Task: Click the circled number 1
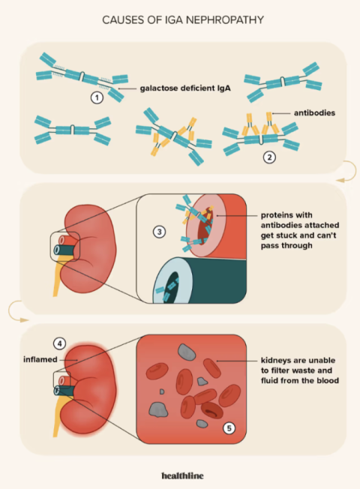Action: click(97, 98)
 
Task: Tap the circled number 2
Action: click(269, 157)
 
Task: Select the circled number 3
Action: click(160, 232)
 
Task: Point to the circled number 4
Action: click(59, 343)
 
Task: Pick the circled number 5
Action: click(229, 428)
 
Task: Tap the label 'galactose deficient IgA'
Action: click(185, 88)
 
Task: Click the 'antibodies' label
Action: click(314, 113)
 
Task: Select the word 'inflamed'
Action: click(40, 359)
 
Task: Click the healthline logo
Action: click(182, 475)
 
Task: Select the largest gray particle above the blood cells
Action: click(187, 352)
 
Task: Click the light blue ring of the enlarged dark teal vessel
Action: click(160, 277)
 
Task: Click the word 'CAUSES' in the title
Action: click(123, 20)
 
